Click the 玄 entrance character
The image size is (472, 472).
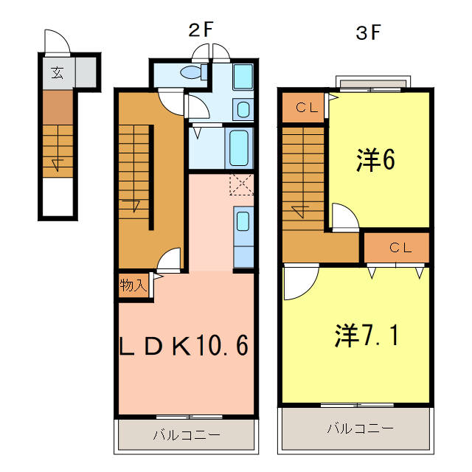pyautogui.click(x=57, y=72)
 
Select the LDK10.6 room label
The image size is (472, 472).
pyautogui.click(x=184, y=345)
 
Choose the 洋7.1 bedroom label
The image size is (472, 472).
pyautogui.click(x=367, y=336)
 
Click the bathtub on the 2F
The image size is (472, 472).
pyautogui.click(x=238, y=147)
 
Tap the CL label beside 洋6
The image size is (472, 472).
pyautogui.click(x=306, y=108)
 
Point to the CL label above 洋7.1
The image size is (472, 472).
pyautogui.click(x=400, y=248)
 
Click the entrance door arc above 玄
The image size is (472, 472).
pyautogui.click(x=57, y=42)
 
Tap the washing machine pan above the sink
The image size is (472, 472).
pyautogui.click(x=243, y=76)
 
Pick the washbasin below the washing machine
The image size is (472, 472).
pyautogui.click(x=243, y=110)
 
